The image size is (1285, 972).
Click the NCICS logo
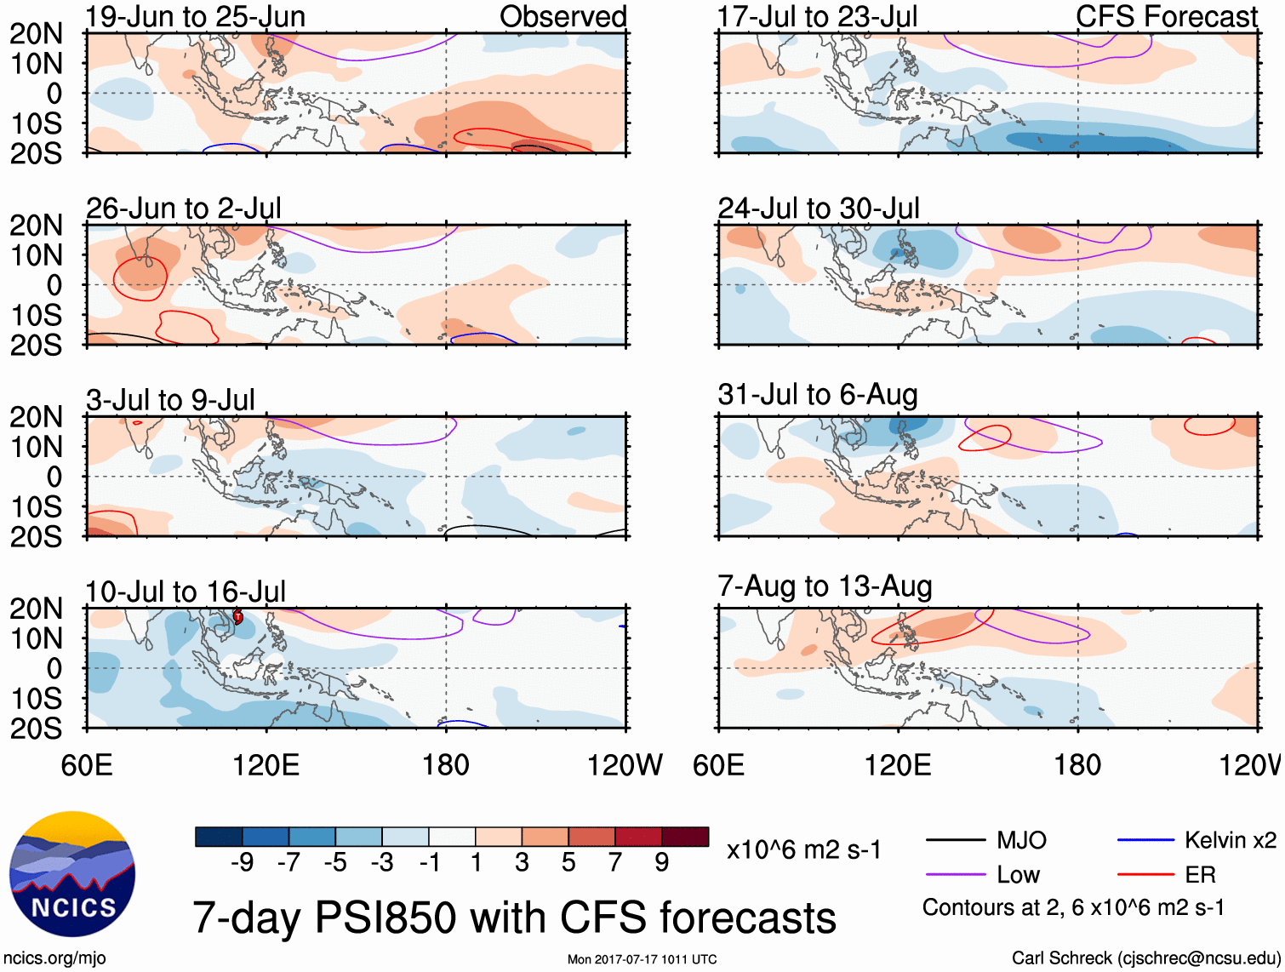point(72,874)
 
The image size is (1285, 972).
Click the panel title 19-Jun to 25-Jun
point(195,16)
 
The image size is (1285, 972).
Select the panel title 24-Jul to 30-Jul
point(818,209)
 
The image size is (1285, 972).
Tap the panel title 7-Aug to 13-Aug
point(825,586)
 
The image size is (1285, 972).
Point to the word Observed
point(563,16)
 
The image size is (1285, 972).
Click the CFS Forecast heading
point(1166,16)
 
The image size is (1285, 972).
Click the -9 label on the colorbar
point(242,863)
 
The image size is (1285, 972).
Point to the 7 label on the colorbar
point(615,863)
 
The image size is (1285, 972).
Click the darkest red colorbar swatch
point(685,837)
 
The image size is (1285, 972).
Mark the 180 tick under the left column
point(446,765)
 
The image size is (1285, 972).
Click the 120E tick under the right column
point(898,765)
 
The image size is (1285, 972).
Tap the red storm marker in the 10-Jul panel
point(238,616)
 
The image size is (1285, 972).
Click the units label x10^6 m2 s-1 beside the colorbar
point(803,850)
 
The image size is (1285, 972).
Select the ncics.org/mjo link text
point(54,958)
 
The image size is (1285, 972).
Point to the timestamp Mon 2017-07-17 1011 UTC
point(642,959)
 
